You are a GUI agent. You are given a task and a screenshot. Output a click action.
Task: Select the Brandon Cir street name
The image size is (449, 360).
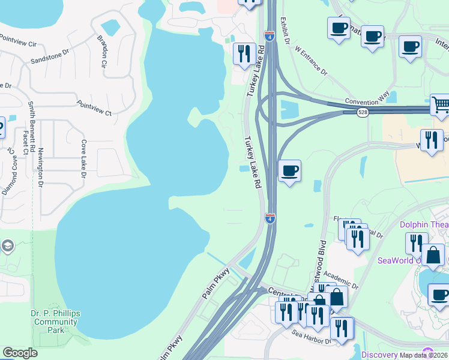coord(101,50)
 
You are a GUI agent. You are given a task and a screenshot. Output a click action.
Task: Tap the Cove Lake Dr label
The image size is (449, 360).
coord(84,160)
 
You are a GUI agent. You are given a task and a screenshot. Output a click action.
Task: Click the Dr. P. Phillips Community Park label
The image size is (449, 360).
coord(55,322)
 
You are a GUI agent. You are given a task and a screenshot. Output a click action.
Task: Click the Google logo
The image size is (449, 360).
coord(20,353)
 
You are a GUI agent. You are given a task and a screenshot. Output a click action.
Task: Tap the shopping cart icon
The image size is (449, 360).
coord(440,104)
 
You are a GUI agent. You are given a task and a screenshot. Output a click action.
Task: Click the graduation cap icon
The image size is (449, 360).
coord(8,245)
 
